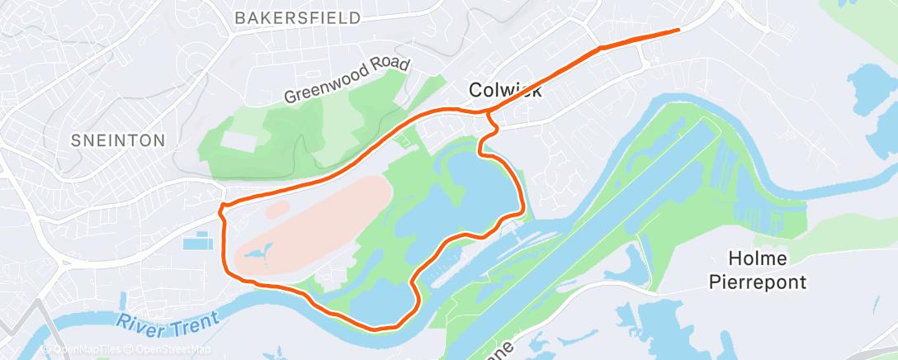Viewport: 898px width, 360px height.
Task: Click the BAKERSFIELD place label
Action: point(297,17)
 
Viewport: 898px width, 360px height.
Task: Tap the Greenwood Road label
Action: point(346,82)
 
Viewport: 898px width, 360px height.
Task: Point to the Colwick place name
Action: point(505,89)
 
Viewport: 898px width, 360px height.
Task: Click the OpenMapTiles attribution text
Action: point(83,350)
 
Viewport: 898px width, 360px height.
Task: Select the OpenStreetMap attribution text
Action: point(170,350)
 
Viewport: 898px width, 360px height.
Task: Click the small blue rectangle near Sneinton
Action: point(197,243)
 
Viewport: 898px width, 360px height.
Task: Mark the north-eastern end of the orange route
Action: point(678,31)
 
